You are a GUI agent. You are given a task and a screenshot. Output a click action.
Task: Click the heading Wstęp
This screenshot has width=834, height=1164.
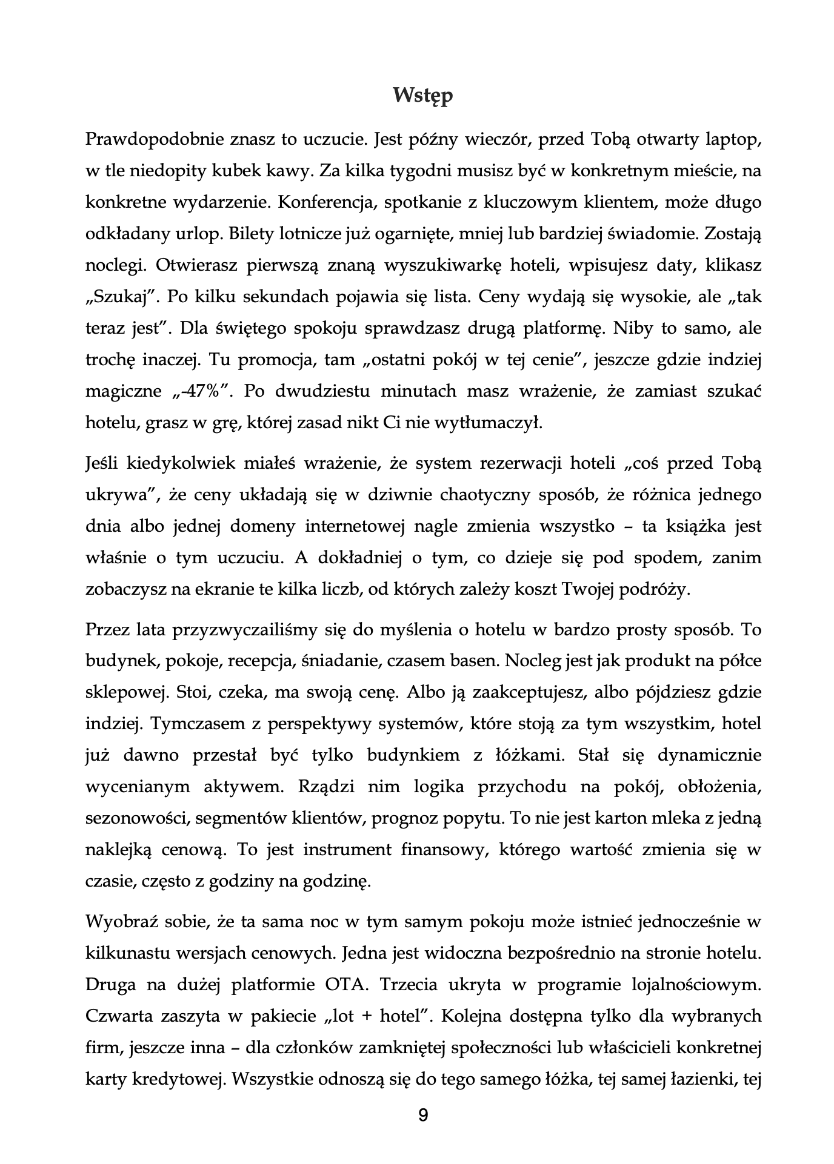point(422,95)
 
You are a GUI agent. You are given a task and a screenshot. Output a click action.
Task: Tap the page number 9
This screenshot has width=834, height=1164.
point(423,1115)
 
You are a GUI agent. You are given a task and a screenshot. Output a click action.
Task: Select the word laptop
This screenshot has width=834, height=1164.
point(734,141)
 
